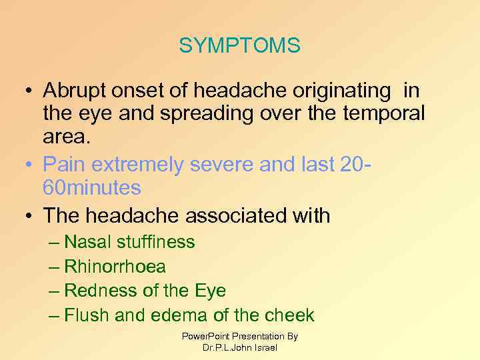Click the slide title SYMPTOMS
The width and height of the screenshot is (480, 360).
[239, 46]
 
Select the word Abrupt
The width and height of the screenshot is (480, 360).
[74, 91]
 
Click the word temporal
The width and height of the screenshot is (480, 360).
[383, 114]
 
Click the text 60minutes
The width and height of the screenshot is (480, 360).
[92, 188]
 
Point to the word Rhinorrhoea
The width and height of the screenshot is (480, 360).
[115, 267]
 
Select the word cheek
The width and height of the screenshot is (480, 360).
[289, 315]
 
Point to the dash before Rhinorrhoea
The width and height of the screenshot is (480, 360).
[55, 267]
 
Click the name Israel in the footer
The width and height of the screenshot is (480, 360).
[265, 347]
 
